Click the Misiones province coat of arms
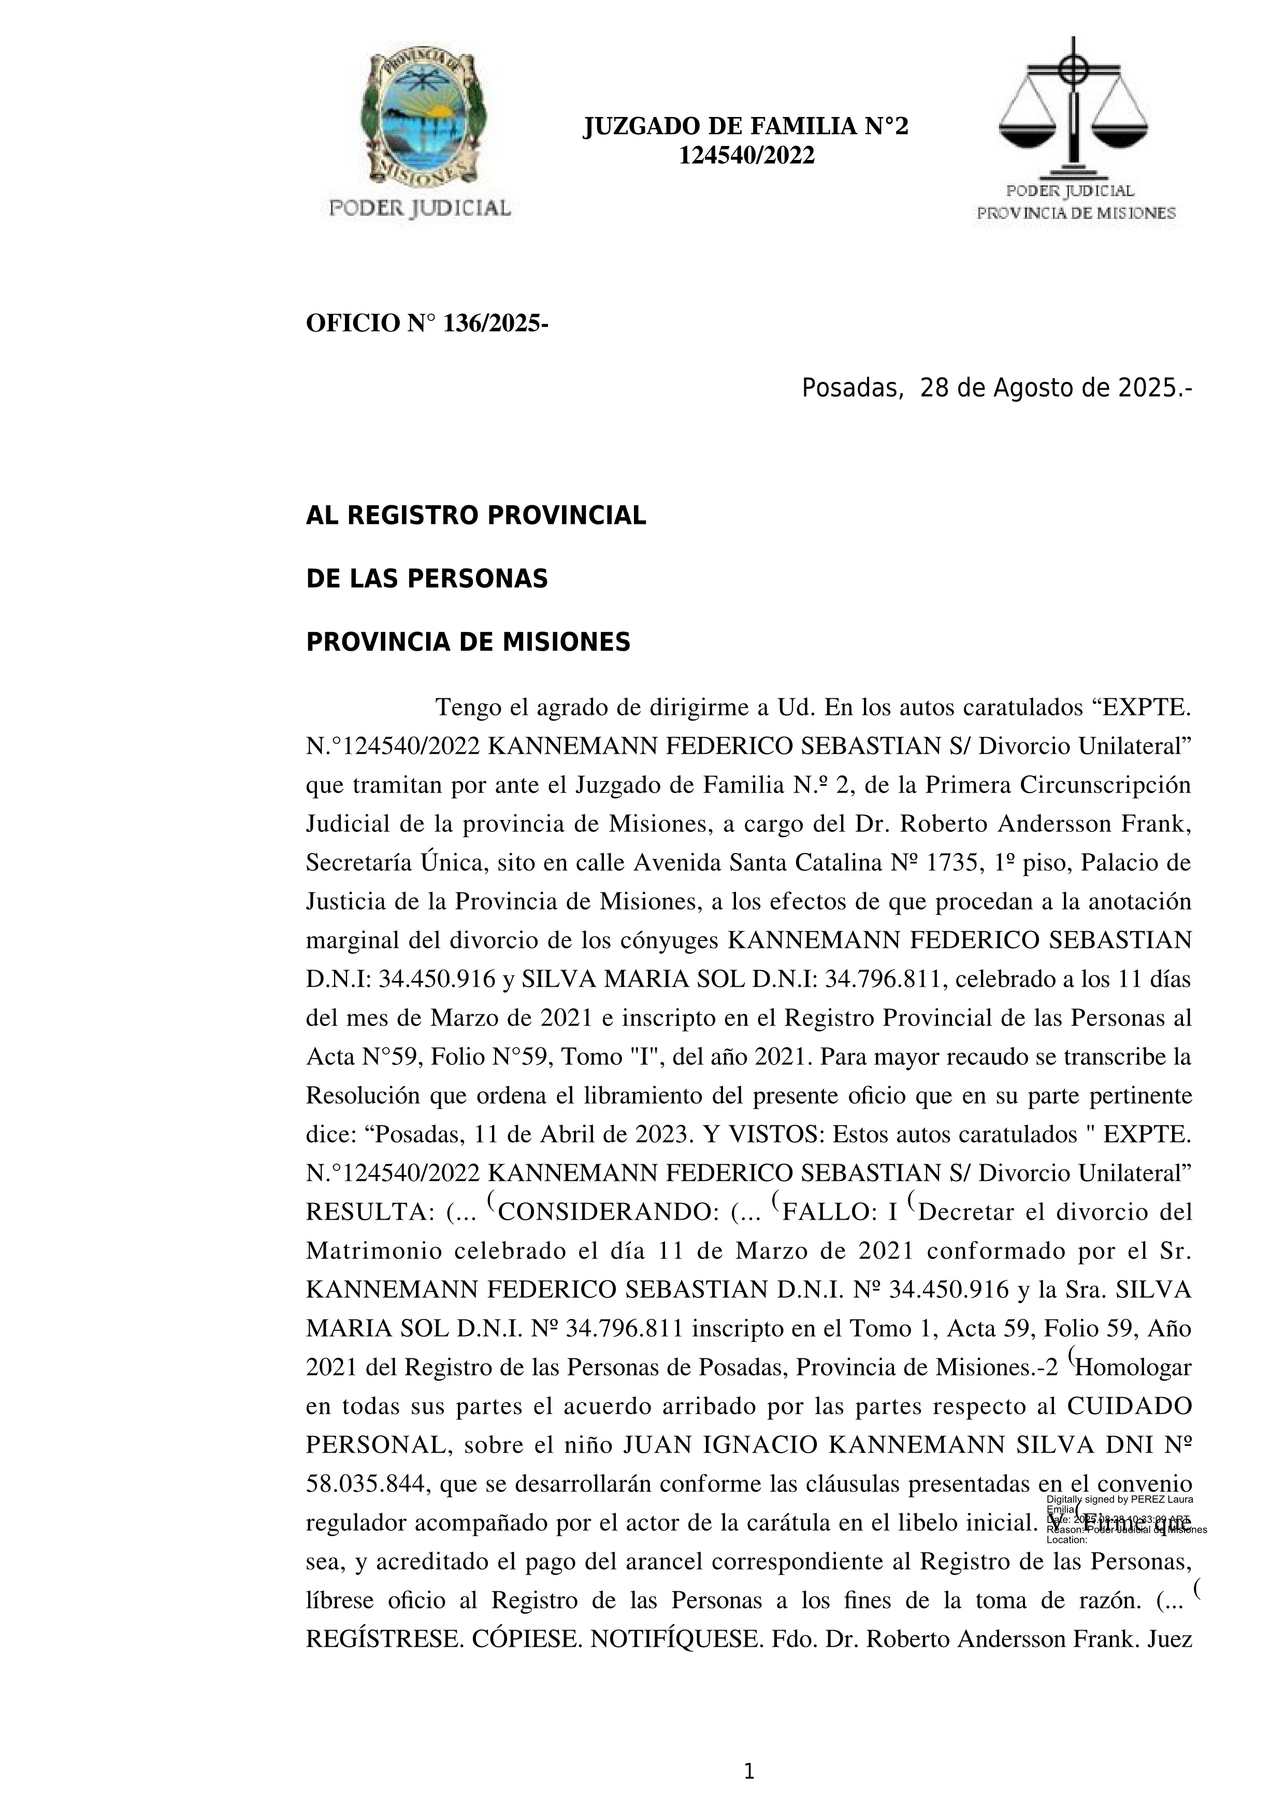[x=420, y=119]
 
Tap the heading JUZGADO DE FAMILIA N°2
[x=745, y=126]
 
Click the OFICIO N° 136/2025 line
[x=427, y=324]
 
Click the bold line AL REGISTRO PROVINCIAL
[x=475, y=516]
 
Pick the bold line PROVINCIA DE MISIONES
[x=468, y=642]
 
